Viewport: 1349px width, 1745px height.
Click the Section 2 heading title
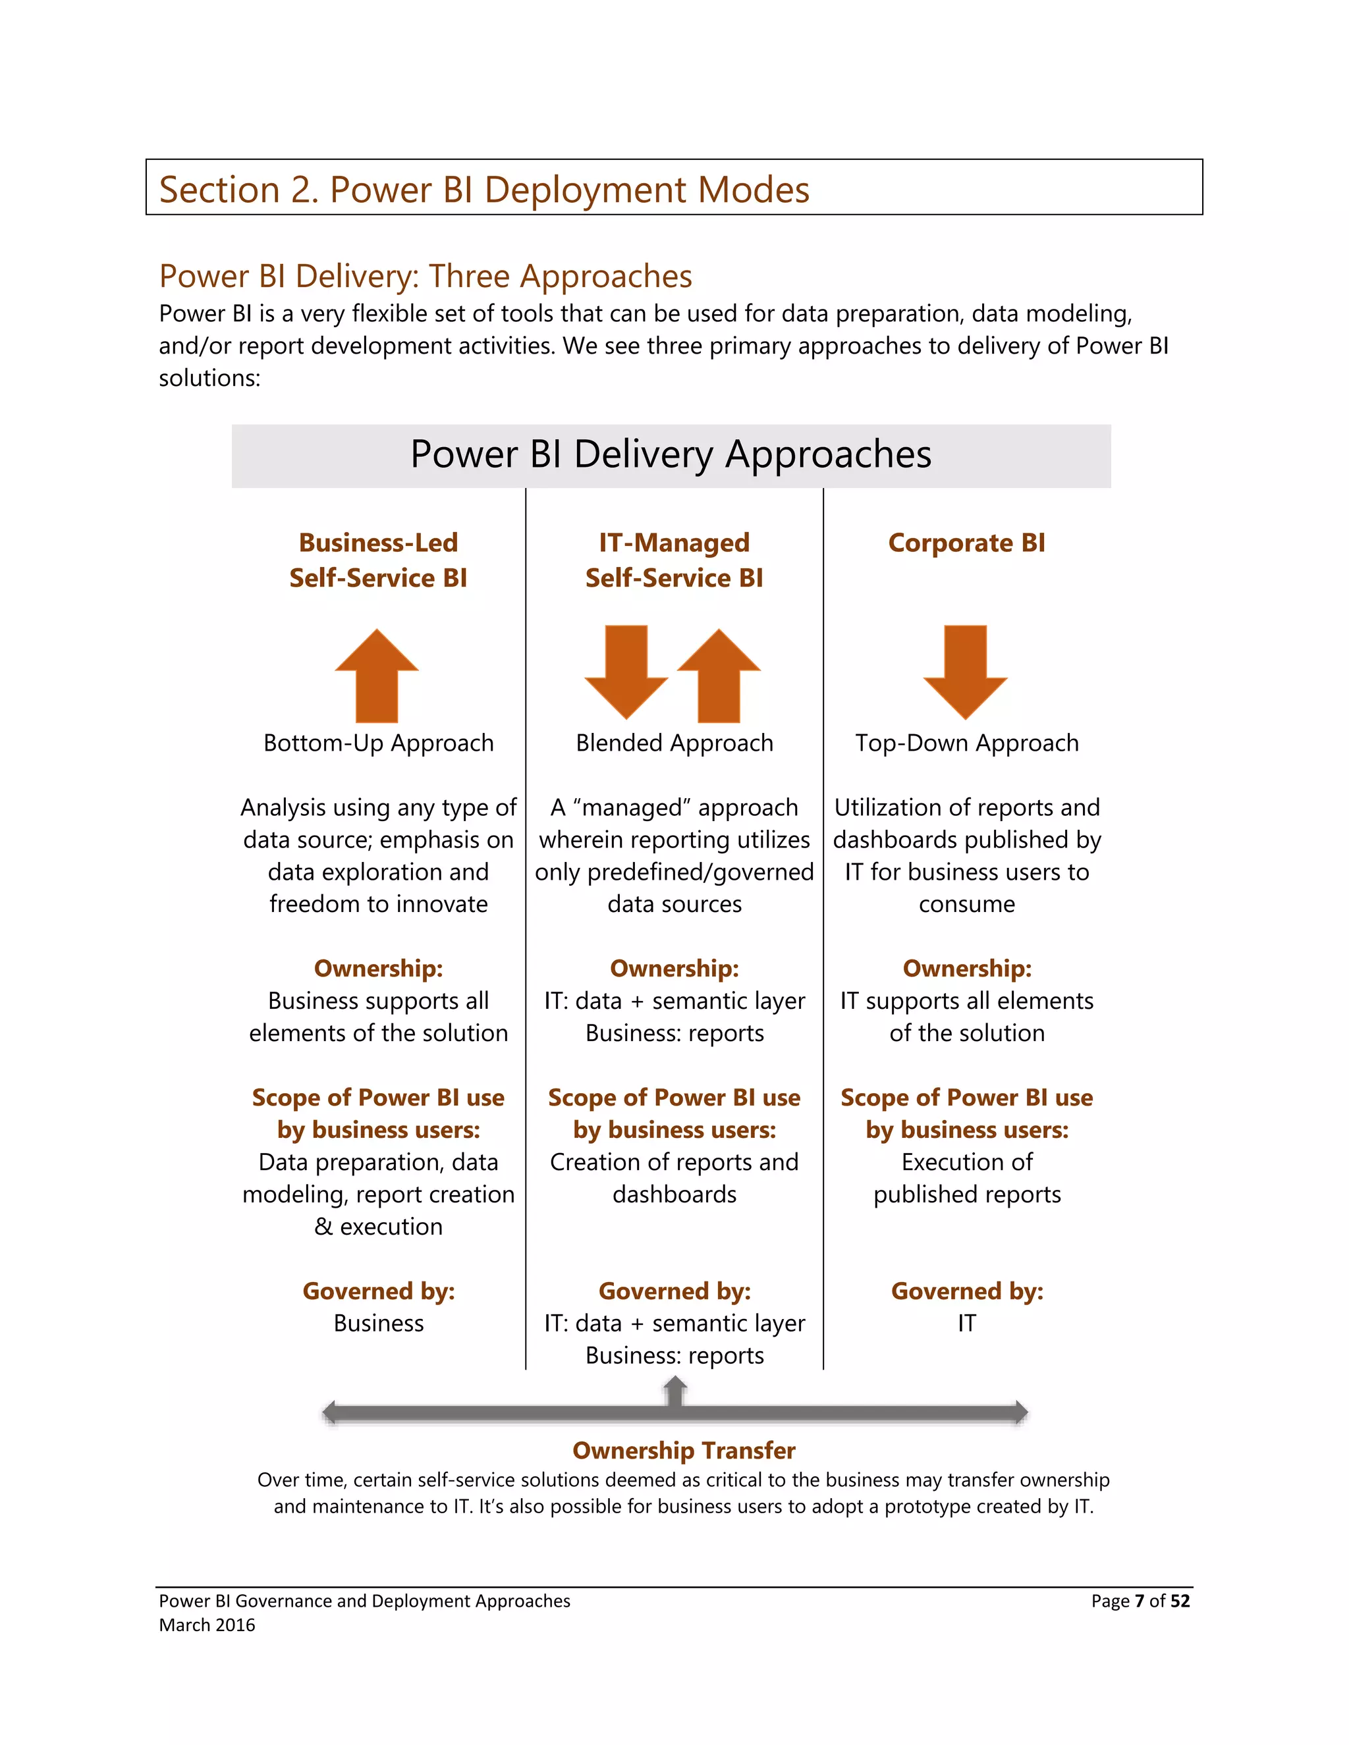pos(483,190)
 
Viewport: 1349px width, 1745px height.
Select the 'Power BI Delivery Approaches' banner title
pos(671,454)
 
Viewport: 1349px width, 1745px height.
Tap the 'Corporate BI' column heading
pos(966,543)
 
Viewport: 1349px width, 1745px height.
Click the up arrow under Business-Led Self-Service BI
pos(376,676)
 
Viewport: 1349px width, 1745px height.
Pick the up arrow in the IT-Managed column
pos(719,676)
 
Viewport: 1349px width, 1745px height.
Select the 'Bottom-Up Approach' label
pos(378,743)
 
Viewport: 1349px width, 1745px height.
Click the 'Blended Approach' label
pos(674,743)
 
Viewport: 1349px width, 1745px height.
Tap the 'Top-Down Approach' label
pos(966,743)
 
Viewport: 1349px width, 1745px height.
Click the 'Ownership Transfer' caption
pos(683,1450)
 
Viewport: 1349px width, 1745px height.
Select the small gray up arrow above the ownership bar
pos(675,1389)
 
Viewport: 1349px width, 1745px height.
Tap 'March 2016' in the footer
pos(207,1625)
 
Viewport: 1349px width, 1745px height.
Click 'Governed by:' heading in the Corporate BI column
pos(966,1291)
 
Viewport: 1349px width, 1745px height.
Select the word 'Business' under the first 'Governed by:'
pos(378,1324)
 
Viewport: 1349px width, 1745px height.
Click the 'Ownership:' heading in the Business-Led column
pos(378,969)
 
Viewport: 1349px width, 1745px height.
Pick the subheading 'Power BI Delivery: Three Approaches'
pos(425,277)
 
